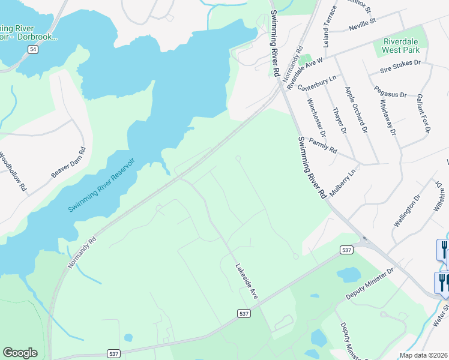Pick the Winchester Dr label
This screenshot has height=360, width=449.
(315, 118)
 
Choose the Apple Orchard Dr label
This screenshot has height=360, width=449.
(355, 109)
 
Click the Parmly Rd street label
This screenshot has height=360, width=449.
(323, 145)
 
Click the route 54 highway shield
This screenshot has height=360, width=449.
(33, 50)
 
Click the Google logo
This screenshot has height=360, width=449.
(20, 353)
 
